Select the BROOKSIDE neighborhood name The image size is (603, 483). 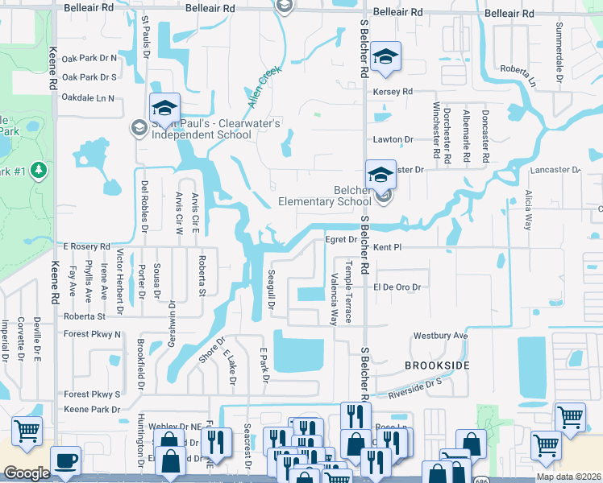pyautogui.click(x=437, y=365)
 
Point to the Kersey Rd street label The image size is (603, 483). pyautogui.click(x=393, y=92)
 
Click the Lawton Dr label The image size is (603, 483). pyautogui.click(x=393, y=139)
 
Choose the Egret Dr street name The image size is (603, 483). pyautogui.click(x=340, y=239)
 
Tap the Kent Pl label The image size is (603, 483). pyautogui.click(x=387, y=246)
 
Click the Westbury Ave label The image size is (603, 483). pyautogui.click(x=440, y=336)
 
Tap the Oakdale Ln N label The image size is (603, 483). pyautogui.click(x=88, y=97)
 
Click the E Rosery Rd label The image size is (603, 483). pyautogui.click(x=85, y=246)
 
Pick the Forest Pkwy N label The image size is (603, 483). pyautogui.click(x=91, y=334)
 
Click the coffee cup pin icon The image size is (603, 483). pyautogui.click(x=65, y=461)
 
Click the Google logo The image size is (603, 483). pyautogui.click(x=27, y=473)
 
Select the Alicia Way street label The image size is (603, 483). pyautogui.click(x=528, y=210)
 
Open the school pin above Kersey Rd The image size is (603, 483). pyautogui.click(x=386, y=57)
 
